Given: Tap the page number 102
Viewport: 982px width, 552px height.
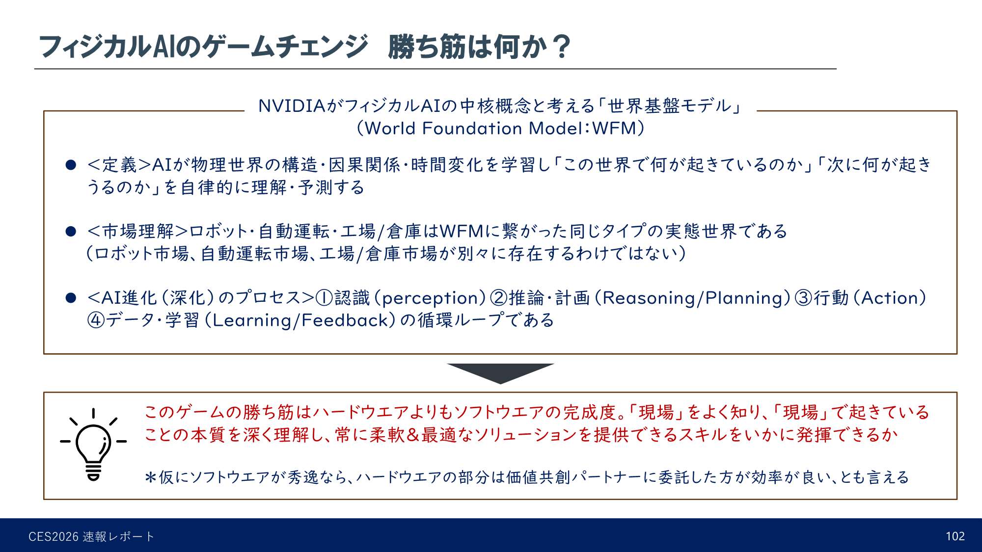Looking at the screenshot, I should point(955,536).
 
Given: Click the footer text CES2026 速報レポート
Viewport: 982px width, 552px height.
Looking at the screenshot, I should point(91,537).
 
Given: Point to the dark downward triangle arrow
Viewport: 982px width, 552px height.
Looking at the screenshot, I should point(500,372).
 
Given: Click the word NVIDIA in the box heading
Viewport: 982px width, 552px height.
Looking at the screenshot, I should point(292,106).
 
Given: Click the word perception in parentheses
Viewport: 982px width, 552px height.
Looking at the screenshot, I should point(433,298).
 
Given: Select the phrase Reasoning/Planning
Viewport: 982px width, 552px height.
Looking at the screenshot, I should point(696,298).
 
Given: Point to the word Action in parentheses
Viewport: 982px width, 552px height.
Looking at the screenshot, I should point(890,298).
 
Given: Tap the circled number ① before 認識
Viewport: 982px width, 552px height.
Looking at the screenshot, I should point(324,298).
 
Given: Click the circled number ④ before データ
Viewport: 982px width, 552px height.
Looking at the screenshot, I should point(96,320).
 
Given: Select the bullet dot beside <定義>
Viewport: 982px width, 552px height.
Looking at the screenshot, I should point(71,165).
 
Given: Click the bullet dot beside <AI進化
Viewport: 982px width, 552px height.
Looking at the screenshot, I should point(71,298).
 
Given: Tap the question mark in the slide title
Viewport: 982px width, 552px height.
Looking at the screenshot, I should point(561,47).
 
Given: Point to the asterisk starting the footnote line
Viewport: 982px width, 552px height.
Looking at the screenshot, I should point(150,477).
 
